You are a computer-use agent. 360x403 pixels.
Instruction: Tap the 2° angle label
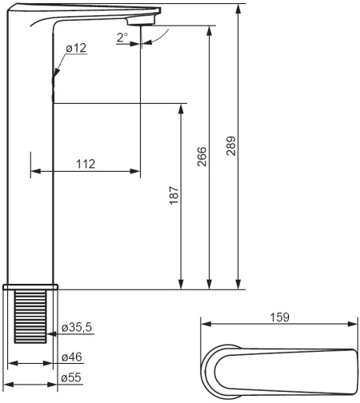click(x=122, y=37)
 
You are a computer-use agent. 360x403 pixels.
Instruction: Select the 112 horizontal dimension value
click(x=86, y=163)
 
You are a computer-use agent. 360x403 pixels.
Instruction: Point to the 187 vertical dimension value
click(x=174, y=196)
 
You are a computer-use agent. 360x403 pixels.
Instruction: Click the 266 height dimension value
click(x=202, y=156)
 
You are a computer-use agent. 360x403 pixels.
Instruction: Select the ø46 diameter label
click(x=71, y=357)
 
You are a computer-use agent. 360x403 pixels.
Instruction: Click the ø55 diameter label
click(x=71, y=378)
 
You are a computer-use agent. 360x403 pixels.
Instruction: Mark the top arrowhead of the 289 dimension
click(x=238, y=10)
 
